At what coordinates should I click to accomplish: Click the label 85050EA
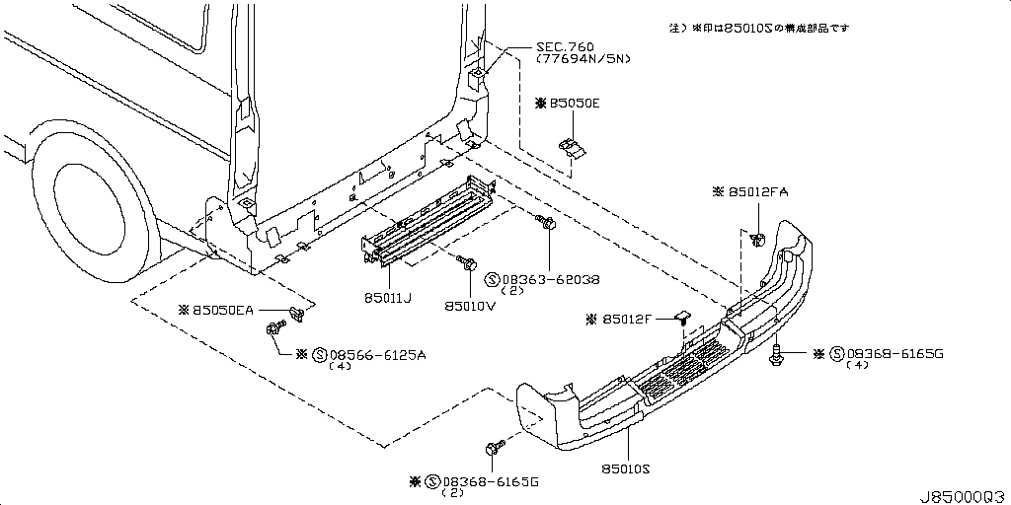point(221,310)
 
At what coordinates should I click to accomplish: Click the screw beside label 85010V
point(466,263)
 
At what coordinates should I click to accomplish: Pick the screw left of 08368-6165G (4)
point(777,353)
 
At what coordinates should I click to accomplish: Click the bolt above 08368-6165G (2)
point(495,449)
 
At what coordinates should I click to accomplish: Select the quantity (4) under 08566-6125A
point(341,367)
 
